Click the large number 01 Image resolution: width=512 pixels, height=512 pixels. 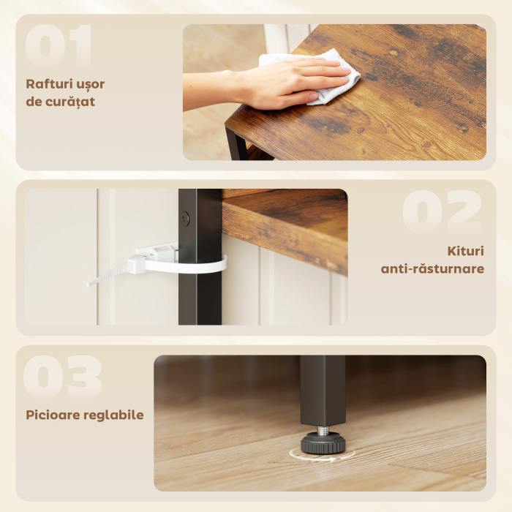pyautogui.click(x=59, y=48)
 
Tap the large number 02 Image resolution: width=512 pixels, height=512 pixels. pyautogui.click(x=441, y=213)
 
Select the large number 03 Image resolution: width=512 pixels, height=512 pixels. pyautogui.click(x=62, y=378)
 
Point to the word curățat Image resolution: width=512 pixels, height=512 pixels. pyautogui.click(x=71, y=102)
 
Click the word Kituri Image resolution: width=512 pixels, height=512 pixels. pyautogui.click(x=465, y=251)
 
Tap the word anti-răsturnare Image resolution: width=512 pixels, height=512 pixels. pyautogui.click(x=432, y=268)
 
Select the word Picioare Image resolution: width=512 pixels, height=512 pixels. pyautogui.click(x=53, y=415)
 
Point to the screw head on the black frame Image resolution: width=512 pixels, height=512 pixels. pyautogui.click(x=185, y=218)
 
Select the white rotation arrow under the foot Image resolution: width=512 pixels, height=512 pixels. pyautogui.click(x=322, y=456)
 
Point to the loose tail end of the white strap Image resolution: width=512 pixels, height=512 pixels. pyautogui.click(x=102, y=279)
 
